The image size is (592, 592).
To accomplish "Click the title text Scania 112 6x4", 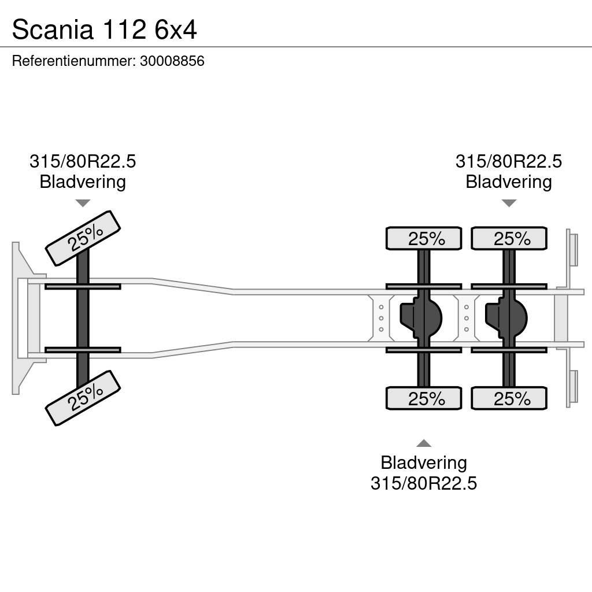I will [x=104, y=29].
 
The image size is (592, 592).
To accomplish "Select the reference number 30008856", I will [x=172, y=61].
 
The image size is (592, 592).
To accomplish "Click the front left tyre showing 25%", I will [x=83, y=238].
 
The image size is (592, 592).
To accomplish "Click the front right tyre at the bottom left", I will [x=83, y=398].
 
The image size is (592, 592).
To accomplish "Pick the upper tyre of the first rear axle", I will [x=424, y=238].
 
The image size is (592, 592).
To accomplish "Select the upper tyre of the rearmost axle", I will [x=509, y=238].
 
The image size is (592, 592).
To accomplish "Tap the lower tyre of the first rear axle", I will [x=424, y=398].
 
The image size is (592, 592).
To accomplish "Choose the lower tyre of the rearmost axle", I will [x=509, y=398].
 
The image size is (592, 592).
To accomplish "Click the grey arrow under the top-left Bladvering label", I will [x=83, y=203].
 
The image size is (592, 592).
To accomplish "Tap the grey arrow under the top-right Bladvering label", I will [x=509, y=203].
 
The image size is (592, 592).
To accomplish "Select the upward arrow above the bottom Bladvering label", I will [x=424, y=443].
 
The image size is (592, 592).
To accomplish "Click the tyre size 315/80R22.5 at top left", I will [x=83, y=161].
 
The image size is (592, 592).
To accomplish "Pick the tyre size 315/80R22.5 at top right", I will [x=509, y=161].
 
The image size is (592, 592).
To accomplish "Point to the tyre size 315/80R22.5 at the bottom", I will [x=424, y=483].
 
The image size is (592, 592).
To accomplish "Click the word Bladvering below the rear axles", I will [x=424, y=462].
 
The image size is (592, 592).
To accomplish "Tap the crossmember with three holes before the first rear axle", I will [x=381, y=318].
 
